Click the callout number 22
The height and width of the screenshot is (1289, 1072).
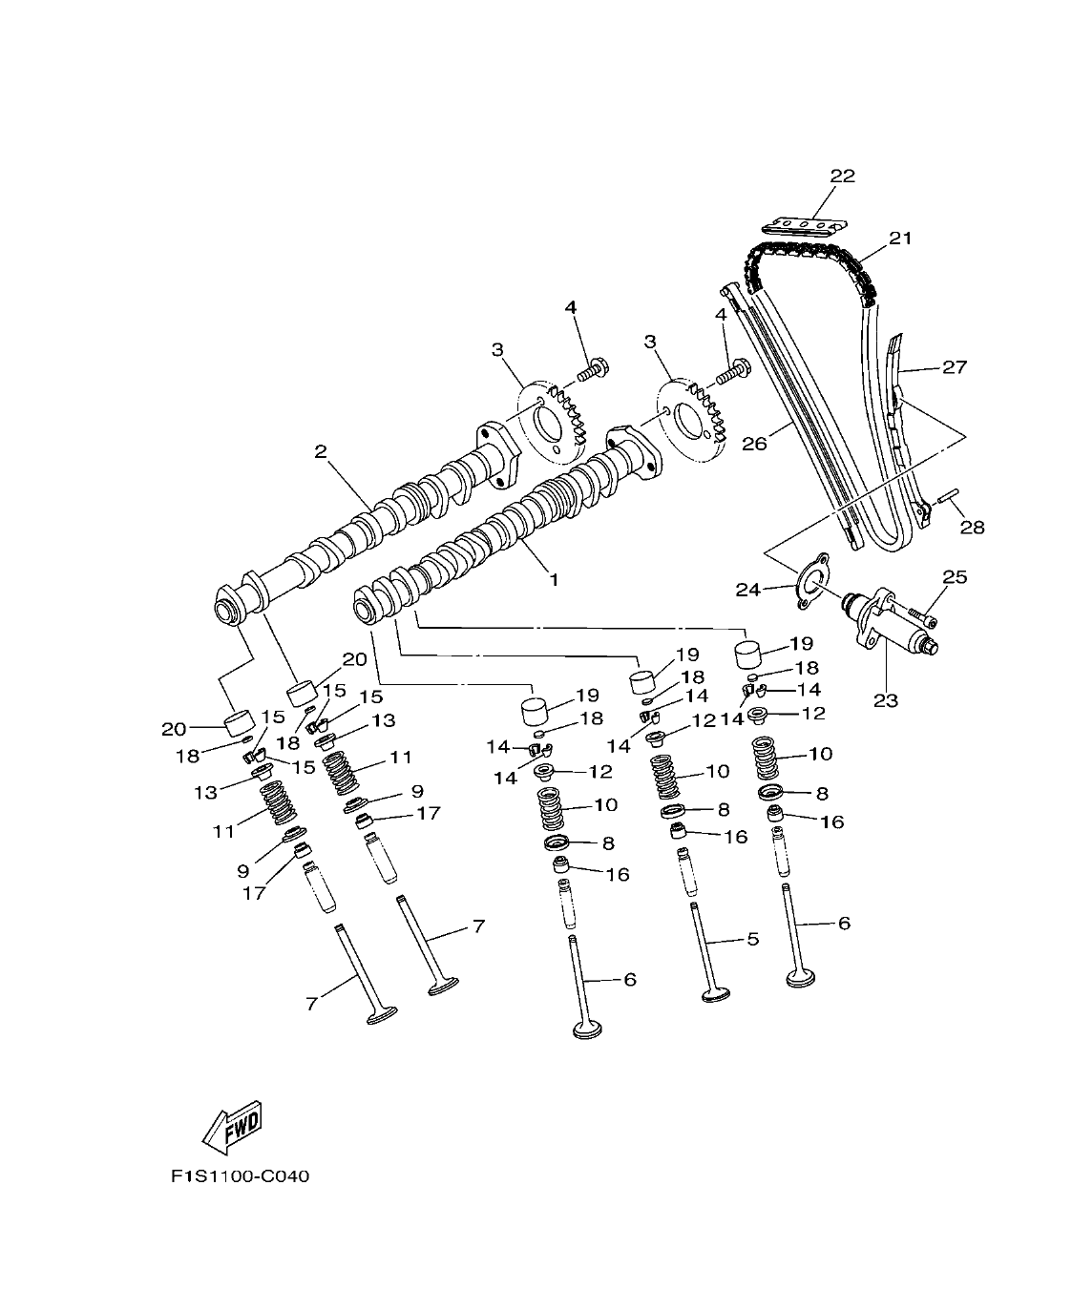click(x=842, y=176)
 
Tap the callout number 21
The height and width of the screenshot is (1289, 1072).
click(x=900, y=238)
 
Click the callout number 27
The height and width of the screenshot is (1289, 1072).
click(x=954, y=366)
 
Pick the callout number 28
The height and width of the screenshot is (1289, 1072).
click(x=972, y=526)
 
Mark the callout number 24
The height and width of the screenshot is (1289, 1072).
click(x=746, y=591)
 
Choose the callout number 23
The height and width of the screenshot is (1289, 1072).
click(x=885, y=700)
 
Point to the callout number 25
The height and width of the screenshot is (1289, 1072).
click(x=954, y=576)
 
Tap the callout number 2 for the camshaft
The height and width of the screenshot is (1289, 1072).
click(x=321, y=451)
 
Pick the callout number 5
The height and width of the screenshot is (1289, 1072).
click(x=752, y=939)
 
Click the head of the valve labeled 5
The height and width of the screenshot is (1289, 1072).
click(x=714, y=998)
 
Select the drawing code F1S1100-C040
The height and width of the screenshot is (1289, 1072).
click(x=241, y=1176)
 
